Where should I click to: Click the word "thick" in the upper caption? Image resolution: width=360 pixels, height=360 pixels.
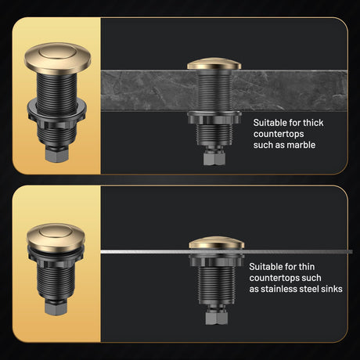(x=313, y=123)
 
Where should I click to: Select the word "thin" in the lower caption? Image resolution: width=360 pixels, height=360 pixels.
(x=307, y=267)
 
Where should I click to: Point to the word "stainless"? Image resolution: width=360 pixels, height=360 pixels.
(x=279, y=289)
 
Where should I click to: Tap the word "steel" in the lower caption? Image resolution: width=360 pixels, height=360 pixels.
(x=309, y=289)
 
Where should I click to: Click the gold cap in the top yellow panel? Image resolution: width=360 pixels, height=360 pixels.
(x=58, y=58)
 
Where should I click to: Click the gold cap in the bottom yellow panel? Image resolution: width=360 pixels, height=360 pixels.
(x=56, y=237)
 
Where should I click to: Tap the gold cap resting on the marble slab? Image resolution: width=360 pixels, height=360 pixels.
(x=214, y=63)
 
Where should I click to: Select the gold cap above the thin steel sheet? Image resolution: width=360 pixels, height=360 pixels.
(x=217, y=243)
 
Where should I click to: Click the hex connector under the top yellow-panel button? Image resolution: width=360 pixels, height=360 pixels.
(x=57, y=154)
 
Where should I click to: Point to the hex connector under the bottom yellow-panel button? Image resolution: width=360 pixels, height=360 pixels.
(x=56, y=307)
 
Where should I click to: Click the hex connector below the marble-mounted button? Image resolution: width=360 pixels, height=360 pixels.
(x=214, y=158)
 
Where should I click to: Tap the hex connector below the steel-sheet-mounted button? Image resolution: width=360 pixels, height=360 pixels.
(x=217, y=318)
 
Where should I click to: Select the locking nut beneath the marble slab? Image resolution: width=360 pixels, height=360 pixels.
(x=214, y=118)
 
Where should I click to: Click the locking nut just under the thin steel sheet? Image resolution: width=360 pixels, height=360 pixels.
(x=217, y=260)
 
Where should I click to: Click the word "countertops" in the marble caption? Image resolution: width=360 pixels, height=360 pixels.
(x=279, y=134)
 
